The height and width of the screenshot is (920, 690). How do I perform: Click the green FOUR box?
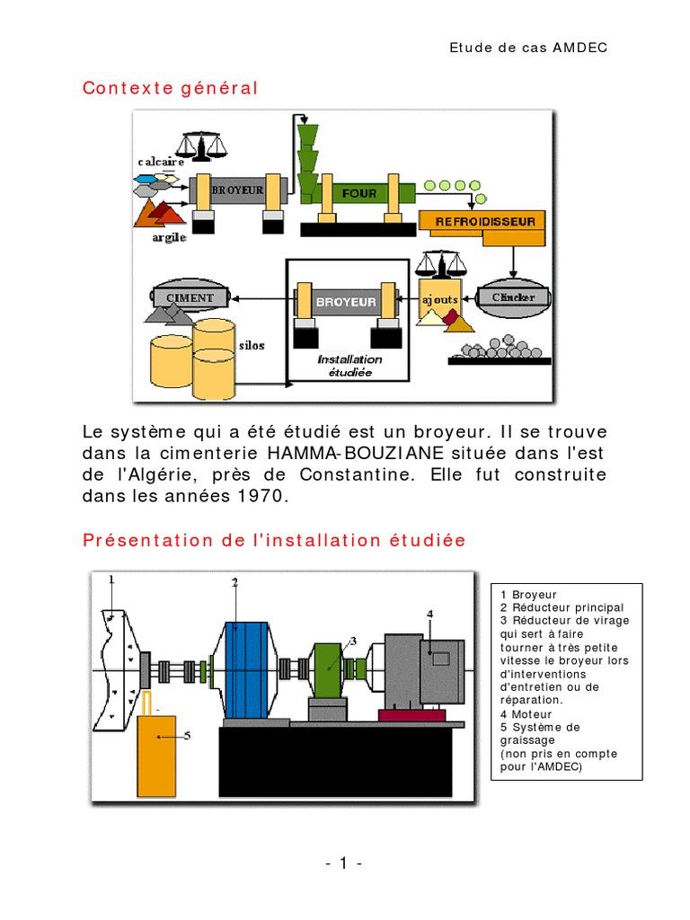pyautogui.click(x=359, y=193)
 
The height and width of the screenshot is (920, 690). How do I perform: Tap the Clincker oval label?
pyautogui.click(x=513, y=297)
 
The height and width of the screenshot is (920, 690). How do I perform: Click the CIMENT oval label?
pyautogui.click(x=190, y=297)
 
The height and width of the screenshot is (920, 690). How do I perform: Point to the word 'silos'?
pyautogui.click(x=252, y=345)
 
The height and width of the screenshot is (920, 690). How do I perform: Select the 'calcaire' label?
pyautogui.click(x=161, y=162)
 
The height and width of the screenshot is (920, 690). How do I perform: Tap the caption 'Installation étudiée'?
pyautogui.click(x=349, y=365)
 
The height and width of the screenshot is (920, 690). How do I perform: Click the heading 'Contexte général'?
pyautogui.click(x=170, y=88)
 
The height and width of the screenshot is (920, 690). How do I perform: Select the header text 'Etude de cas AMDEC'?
pyautogui.click(x=528, y=47)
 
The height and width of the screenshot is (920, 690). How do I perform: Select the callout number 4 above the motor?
pyautogui.click(x=429, y=614)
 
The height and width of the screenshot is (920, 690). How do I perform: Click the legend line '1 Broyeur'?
pyautogui.click(x=529, y=595)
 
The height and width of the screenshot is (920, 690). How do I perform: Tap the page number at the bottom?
pyautogui.click(x=344, y=864)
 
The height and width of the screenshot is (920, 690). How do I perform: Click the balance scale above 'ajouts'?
pyautogui.click(x=442, y=262)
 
